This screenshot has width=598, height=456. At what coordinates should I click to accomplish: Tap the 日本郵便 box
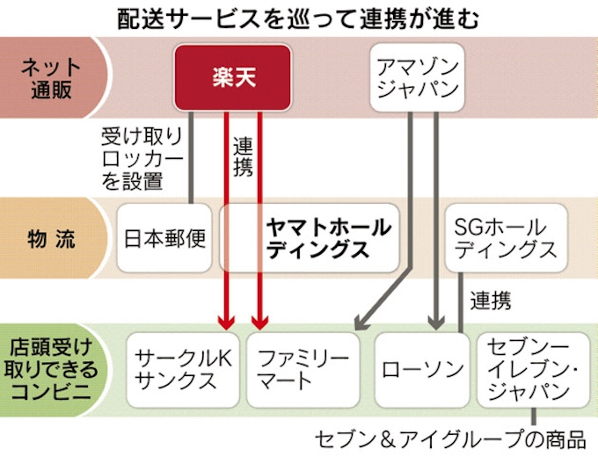pos(164,238)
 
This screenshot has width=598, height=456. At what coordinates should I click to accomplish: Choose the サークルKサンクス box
pos(182,369)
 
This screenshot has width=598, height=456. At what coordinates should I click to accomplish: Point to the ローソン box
pos(422,369)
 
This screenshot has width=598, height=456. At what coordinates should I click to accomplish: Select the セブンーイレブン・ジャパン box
pos(533,369)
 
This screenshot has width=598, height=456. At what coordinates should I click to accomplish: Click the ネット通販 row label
pos(50,77)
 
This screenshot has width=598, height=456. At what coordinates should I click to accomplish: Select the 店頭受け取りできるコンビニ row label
pos(50,369)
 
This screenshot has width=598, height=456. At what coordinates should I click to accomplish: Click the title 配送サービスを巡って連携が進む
pos(298,18)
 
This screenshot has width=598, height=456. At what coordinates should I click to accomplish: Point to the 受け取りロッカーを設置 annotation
pos(142,159)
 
